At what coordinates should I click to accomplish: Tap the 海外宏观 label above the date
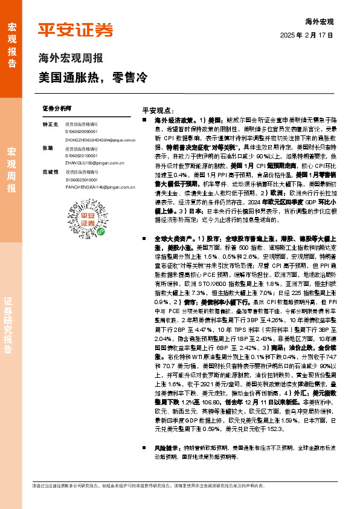click(x=319, y=22)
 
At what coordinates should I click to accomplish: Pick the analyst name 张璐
click(x=47, y=148)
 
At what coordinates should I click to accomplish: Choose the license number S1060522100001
click(x=82, y=155)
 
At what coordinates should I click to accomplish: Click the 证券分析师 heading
click(x=57, y=107)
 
